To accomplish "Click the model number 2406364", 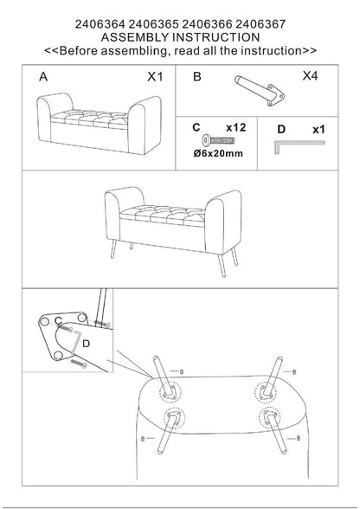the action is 100,24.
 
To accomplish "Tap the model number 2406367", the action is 260,24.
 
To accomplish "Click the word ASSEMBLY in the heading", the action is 135,37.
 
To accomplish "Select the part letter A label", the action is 43,77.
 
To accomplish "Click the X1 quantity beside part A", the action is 155,77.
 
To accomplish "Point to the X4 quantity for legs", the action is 310,76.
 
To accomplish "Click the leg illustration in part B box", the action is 260,91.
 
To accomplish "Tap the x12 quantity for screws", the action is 236,127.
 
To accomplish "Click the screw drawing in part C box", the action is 218,140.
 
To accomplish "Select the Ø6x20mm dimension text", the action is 218,153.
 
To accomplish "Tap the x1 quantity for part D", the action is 318,130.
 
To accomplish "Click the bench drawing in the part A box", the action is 99,123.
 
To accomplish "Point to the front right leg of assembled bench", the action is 222,266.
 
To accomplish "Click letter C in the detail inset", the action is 59,321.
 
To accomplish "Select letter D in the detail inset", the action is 86,344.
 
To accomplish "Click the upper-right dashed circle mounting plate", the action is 266,392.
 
